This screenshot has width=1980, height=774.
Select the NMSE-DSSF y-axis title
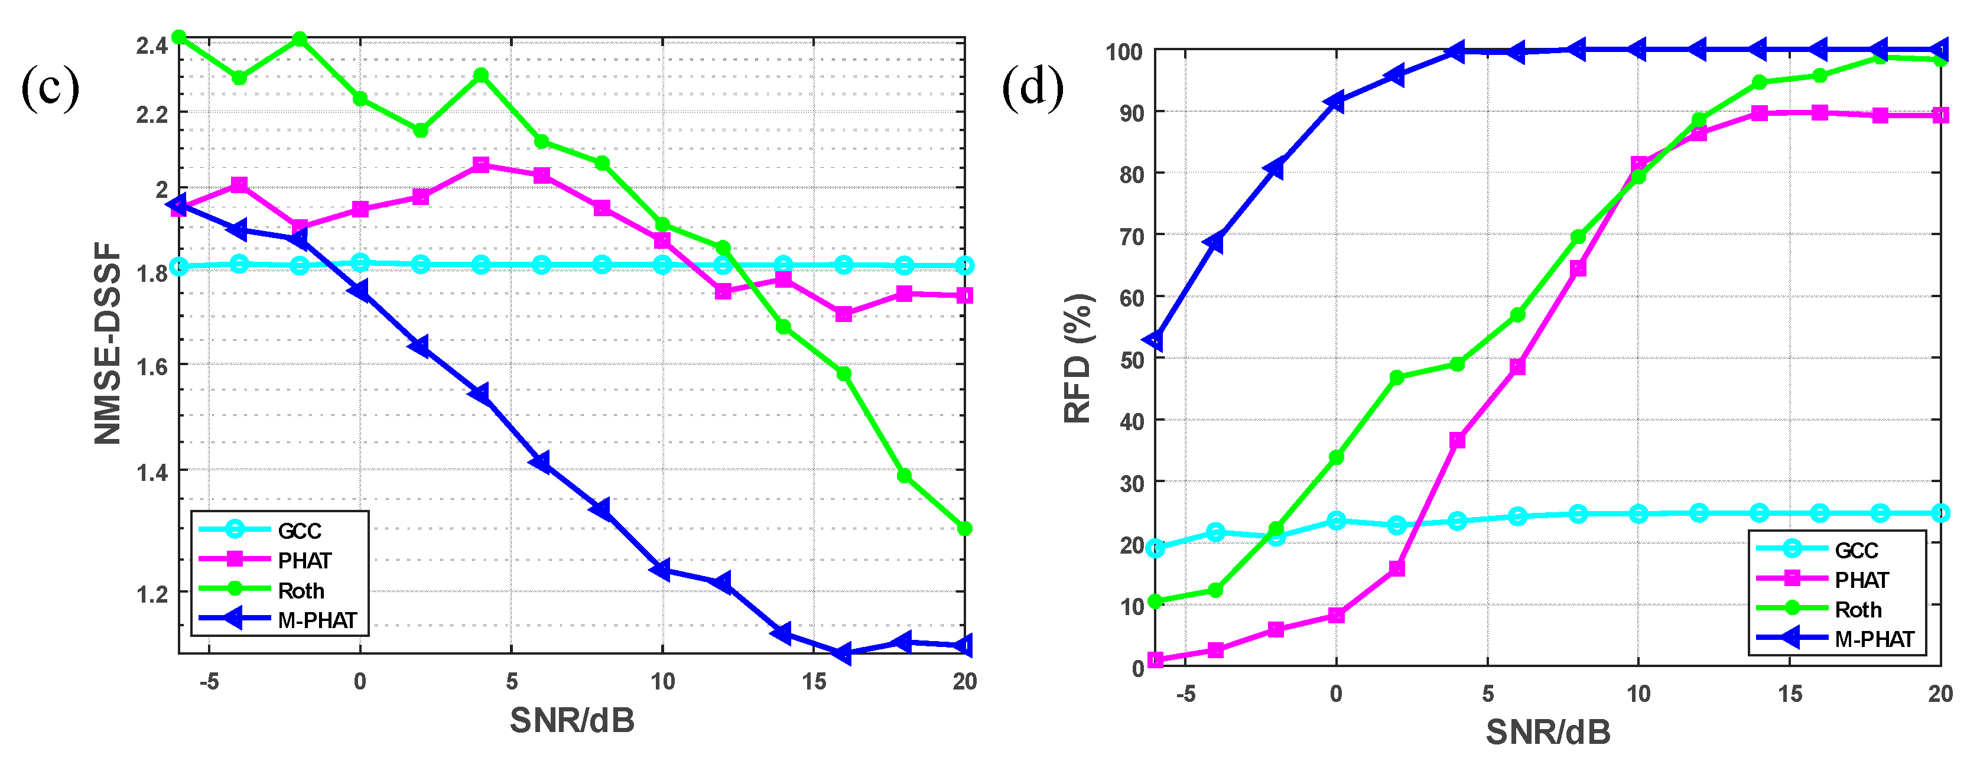coord(108,343)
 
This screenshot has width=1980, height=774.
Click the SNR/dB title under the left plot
coord(572,720)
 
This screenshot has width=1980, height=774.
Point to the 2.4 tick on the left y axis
coord(151,46)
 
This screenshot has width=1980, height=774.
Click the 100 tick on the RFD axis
coord(1124,52)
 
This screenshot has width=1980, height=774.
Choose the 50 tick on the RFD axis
coord(1132,360)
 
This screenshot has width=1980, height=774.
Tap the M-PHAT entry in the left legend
coord(317,620)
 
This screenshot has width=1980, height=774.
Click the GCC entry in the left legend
coord(299,531)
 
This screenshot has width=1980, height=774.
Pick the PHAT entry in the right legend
coord(1861,580)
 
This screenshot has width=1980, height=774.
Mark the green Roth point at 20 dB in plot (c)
coord(965,529)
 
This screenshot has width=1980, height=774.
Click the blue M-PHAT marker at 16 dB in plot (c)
coord(843,654)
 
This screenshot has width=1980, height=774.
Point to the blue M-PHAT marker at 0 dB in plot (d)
coord(1335,102)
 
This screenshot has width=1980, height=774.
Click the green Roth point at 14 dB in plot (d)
coord(1760,82)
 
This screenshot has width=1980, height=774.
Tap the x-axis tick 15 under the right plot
coord(1789,693)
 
